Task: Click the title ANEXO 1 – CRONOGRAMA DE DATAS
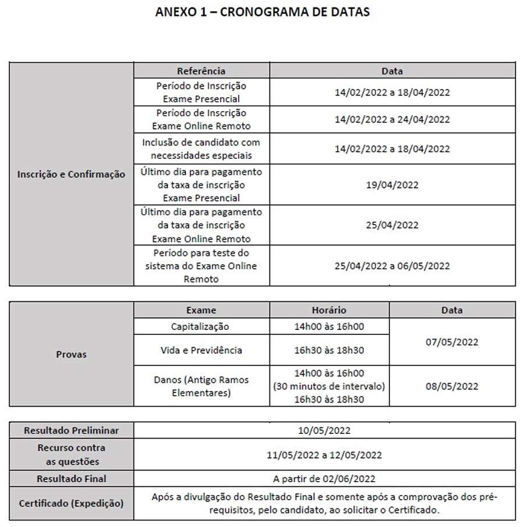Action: click(x=262, y=12)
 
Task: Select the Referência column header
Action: click(x=201, y=71)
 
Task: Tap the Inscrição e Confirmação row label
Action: click(x=71, y=174)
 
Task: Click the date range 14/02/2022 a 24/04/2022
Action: click(x=392, y=120)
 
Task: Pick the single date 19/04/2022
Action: click(x=392, y=185)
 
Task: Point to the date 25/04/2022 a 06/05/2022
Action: click(x=392, y=266)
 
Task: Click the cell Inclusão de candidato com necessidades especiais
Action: click(x=201, y=149)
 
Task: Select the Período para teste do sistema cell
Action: click(x=201, y=266)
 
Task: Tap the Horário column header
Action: click(x=329, y=310)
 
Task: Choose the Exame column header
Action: click(x=201, y=310)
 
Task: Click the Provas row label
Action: click(x=71, y=354)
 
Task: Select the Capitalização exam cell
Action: click(x=201, y=326)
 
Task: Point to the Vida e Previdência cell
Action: click(x=201, y=350)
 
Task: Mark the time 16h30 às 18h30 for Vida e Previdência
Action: click(x=329, y=350)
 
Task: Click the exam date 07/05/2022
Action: click(x=451, y=342)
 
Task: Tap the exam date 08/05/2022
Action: click(x=451, y=386)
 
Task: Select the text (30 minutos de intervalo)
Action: click(x=329, y=386)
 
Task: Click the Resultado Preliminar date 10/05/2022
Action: click(x=324, y=431)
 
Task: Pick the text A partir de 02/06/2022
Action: click(x=324, y=479)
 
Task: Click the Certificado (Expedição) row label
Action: click(x=71, y=504)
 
